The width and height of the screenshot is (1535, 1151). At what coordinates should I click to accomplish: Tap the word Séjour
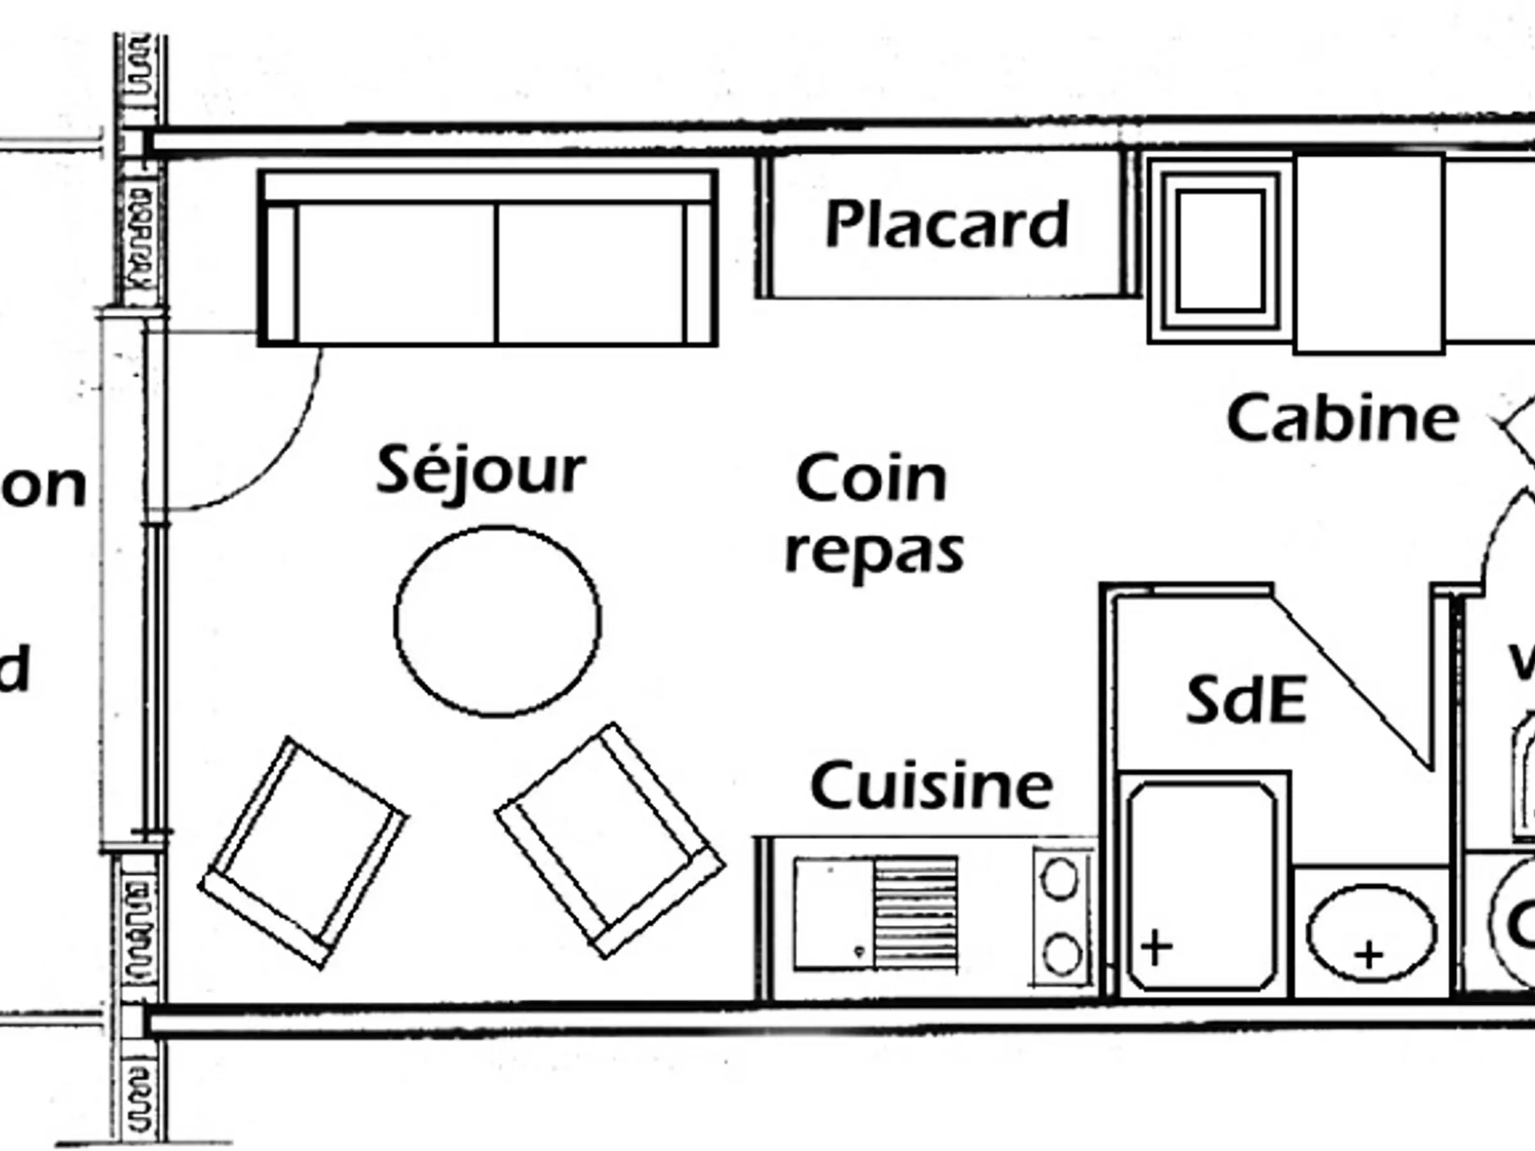pyautogui.click(x=481, y=471)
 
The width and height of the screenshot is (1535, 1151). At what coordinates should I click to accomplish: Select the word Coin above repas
pyautogui.click(x=872, y=478)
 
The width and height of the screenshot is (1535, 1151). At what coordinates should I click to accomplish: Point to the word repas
pyautogui.click(x=874, y=552)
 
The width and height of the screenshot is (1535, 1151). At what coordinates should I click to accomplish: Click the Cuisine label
pyautogui.click(x=931, y=785)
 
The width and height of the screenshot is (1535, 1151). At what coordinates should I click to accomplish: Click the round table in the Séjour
pyautogui.click(x=498, y=621)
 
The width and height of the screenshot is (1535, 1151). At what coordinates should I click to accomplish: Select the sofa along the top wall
pyautogui.click(x=488, y=258)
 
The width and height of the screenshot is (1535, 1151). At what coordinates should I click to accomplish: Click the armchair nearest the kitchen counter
pyautogui.click(x=610, y=840)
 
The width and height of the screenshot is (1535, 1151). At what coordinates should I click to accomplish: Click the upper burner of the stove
pyautogui.click(x=1060, y=881)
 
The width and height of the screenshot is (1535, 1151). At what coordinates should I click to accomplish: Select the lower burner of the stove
pyautogui.click(x=1062, y=955)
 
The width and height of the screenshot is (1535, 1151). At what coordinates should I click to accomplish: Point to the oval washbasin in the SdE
pyautogui.click(x=1371, y=933)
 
